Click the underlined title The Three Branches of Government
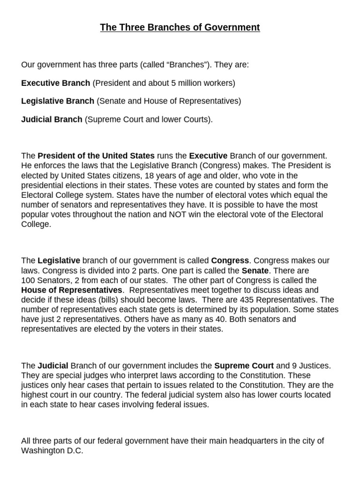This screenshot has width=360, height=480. tap(180, 28)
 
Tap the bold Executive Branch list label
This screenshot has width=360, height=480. tap(56, 83)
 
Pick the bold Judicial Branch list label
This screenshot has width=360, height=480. tap(52, 119)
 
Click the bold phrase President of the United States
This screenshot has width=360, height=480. tap(96, 155)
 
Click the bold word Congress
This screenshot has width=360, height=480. tap(230, 260)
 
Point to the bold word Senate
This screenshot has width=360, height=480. tap(256, 270)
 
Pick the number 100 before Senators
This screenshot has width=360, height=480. tap(28, 280)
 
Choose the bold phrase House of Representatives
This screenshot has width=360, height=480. tap(71, 290)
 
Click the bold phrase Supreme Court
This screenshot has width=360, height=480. tap(244, 365)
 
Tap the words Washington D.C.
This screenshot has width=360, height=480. tap(52, 451)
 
